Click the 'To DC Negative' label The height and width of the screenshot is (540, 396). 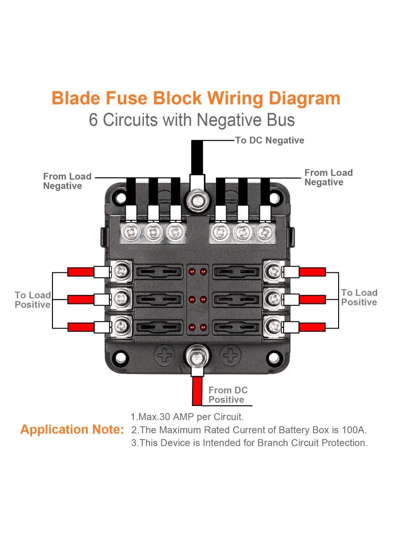click(269, 141)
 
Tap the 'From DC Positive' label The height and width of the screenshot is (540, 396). click(227, 395)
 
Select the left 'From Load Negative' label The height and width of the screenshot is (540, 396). click(67, 181)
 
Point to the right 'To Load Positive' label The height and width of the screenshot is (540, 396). click(359, 297)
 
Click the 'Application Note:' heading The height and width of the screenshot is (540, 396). click(72, 429)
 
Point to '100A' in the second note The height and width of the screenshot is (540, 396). click(353, 430)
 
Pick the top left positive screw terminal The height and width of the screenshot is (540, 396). click(121, 271)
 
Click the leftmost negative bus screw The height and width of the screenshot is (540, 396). click(131, 231)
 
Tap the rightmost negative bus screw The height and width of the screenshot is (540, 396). click(265, 231)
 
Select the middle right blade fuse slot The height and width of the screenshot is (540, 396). click(236, 298)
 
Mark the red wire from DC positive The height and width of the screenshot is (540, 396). click(197, 391)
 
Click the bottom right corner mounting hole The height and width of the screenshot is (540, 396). click(272, 358)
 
